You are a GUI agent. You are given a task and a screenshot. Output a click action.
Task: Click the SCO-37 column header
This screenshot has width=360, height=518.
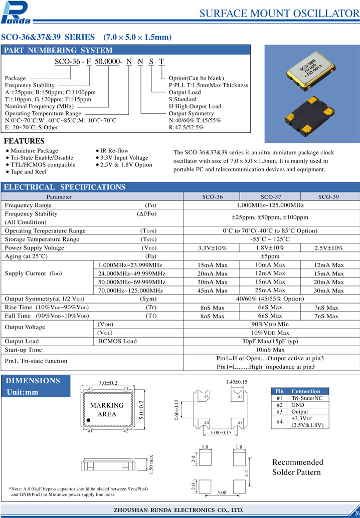coord(271,197)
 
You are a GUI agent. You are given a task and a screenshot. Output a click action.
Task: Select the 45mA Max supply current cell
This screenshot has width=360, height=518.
coord(212,291)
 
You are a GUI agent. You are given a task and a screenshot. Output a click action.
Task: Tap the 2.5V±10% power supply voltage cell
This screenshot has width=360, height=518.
coord(328,248)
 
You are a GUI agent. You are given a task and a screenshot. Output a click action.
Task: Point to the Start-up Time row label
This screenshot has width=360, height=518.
coord(24,350)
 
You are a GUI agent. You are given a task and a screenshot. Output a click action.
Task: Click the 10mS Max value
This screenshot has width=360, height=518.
coord(270,350)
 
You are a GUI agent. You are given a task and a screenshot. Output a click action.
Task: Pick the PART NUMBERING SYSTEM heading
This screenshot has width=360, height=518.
coord(58,50)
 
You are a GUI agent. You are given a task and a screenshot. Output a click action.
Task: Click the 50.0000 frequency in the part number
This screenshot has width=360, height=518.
coord(108,62)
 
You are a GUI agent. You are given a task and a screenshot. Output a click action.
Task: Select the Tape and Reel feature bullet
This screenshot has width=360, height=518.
coord(29,172)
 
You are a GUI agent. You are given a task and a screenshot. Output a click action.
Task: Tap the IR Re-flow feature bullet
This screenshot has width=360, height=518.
coord(114,151)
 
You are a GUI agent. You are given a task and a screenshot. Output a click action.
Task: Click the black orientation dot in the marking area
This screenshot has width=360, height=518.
coord(89,420)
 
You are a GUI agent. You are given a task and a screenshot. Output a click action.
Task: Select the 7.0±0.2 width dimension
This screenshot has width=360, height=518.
coord(107,383)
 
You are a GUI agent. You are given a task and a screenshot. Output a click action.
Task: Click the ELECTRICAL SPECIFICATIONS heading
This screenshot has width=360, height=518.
coord(65,187)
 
